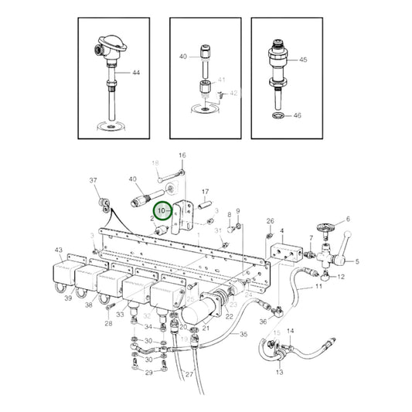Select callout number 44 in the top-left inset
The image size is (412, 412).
point(136,73)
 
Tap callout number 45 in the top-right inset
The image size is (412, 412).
point(303,60)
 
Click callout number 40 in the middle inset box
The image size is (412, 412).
point(183,57)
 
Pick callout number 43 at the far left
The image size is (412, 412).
point(58,250)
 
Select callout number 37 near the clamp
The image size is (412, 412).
point(94,182)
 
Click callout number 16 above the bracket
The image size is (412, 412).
point(182,155)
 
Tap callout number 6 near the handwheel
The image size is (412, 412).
point(348,220)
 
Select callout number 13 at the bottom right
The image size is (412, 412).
point(279,372)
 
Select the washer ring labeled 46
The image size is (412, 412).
point(278,116)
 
